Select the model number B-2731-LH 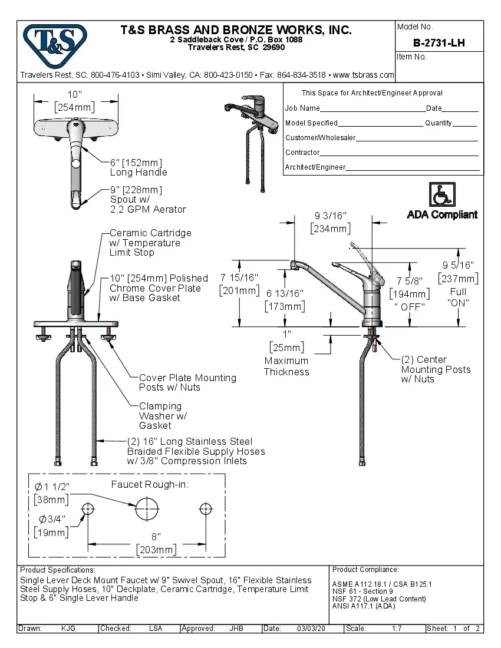[439, 42]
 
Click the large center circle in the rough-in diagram [147, 508]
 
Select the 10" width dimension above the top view [74, 95]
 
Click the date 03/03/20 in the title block [311, 629]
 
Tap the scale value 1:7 [397, 629]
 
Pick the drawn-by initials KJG [68, 629]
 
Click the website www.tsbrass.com [363, 75]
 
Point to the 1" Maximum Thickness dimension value [286, 333]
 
